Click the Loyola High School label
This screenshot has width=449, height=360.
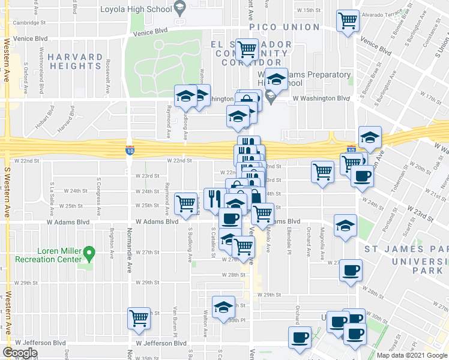[135, 9]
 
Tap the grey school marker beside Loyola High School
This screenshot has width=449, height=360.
[179, 8]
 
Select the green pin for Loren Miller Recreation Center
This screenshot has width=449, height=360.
[89, 254]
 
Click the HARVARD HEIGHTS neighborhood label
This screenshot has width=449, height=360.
[76, 61]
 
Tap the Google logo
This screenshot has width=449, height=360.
[20, 353]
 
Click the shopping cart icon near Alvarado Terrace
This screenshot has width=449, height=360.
[348, 20]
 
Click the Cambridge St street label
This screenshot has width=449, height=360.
[29, 22]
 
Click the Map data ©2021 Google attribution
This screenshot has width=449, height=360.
[412, 355]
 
